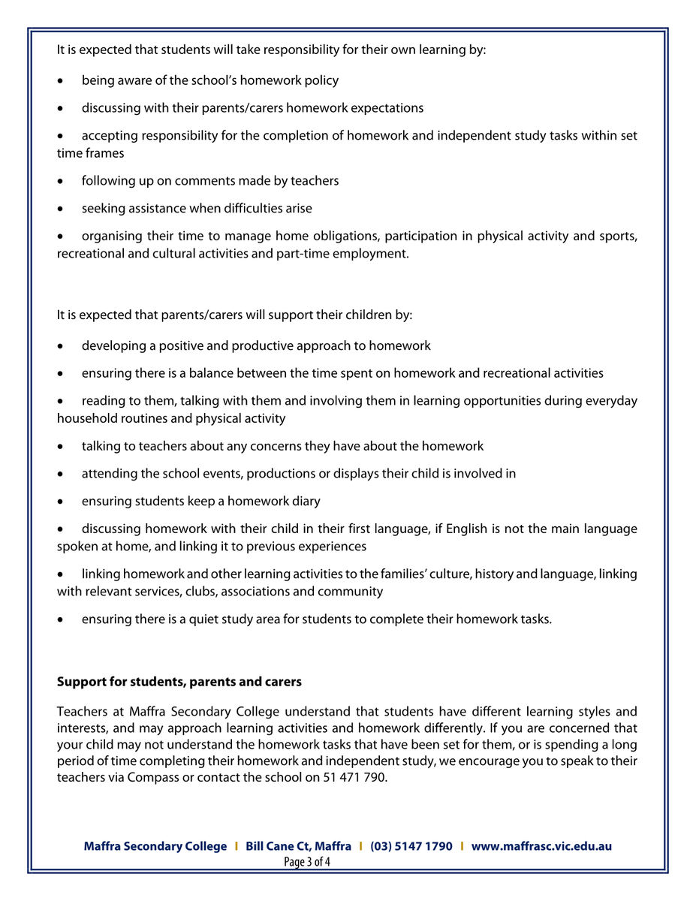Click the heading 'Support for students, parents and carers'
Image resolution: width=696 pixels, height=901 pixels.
point(179,682)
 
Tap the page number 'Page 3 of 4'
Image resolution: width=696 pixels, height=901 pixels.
point(307,862)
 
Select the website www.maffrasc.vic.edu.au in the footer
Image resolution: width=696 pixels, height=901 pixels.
point(541,846)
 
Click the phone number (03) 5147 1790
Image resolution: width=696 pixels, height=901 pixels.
point(411,846)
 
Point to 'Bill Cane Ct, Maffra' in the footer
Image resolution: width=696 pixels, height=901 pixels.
point(298,846)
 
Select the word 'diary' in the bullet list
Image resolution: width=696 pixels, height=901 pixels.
point(305,501)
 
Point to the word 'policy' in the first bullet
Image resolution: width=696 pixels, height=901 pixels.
point(321,80)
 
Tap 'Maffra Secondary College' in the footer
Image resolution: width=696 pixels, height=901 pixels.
point(155,846)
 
